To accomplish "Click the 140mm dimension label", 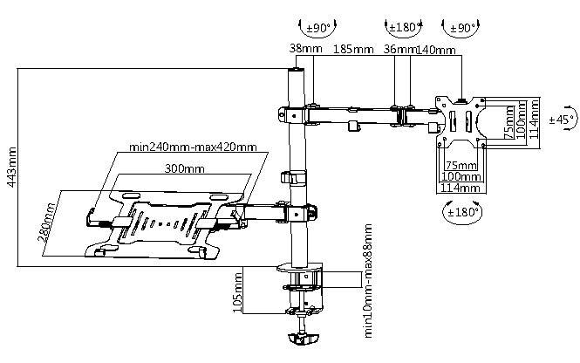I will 436,51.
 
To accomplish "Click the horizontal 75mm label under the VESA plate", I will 460,165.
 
